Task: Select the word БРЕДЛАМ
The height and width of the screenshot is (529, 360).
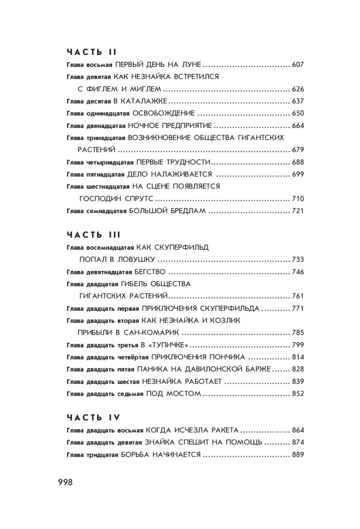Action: pyautogui.click(x=186, y=211)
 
